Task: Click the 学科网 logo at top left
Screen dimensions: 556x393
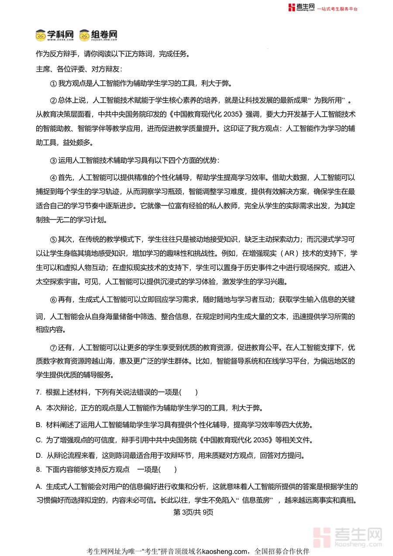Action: point(54,35)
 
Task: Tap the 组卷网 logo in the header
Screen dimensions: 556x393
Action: point(98,35)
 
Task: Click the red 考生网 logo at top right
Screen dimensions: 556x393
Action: point(301,7)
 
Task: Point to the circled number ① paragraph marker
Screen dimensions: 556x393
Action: point(54,83)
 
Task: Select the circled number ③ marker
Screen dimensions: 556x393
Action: point(54,160)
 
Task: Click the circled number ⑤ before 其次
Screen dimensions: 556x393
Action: point(54,239)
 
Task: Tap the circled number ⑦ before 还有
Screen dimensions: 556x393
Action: point(54,348)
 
